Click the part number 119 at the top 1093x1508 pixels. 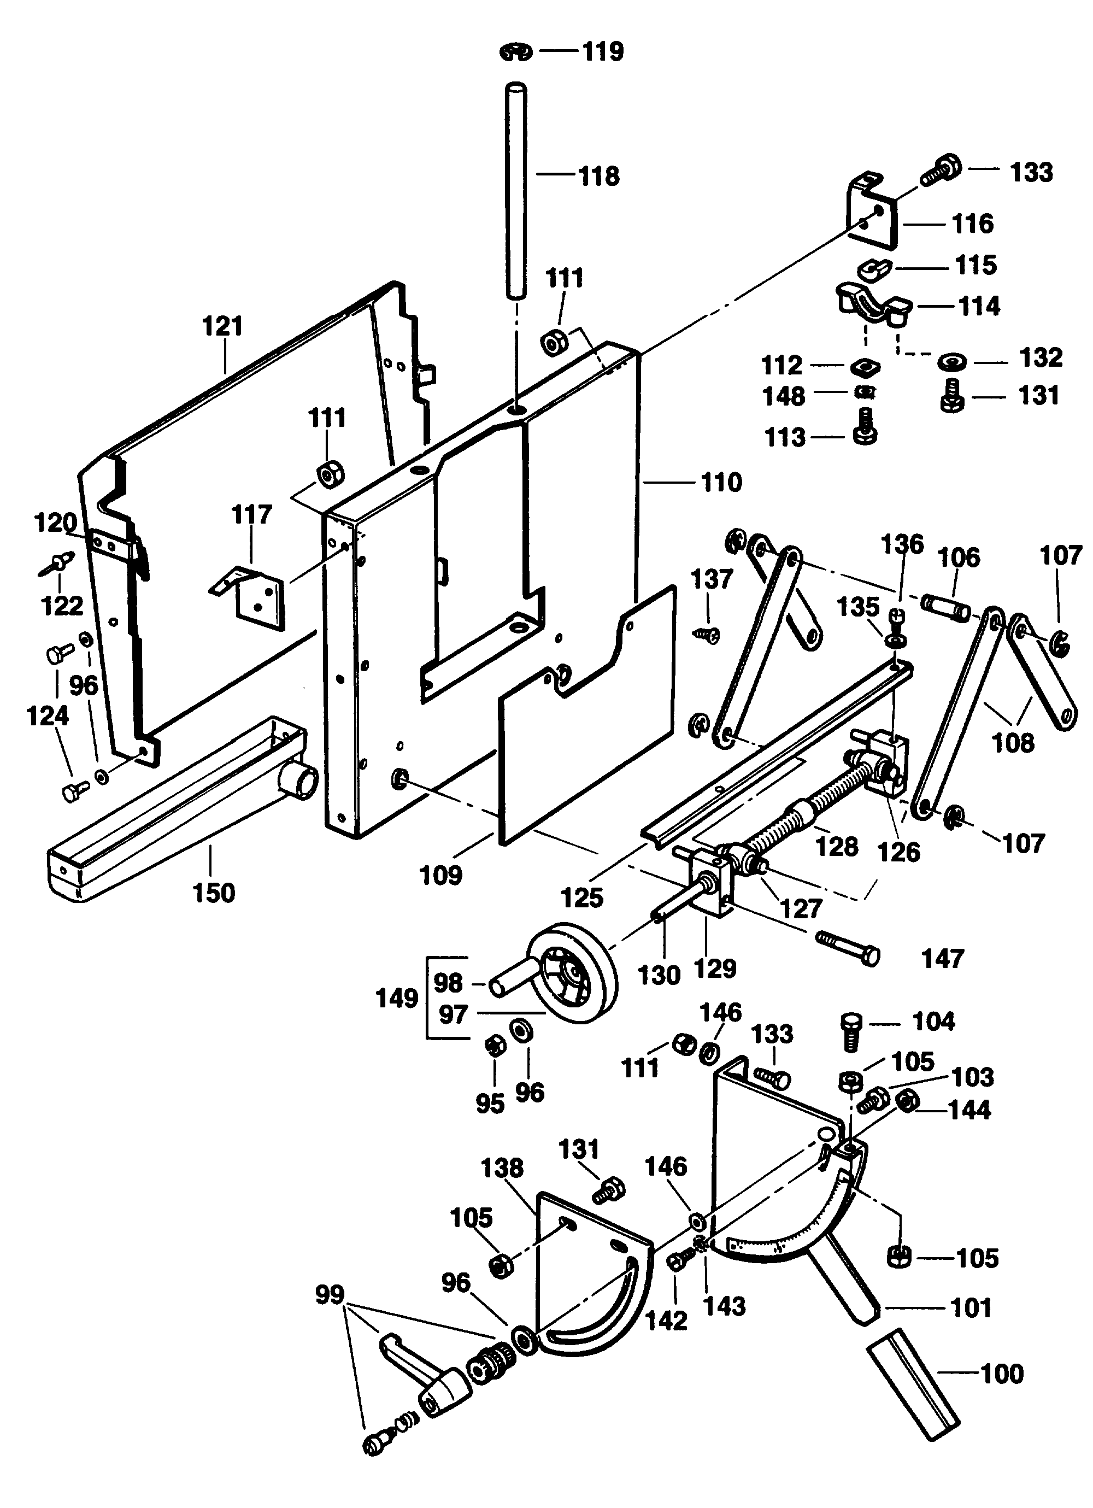pyautogui.click(x=603, y=52)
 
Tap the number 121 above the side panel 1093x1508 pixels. pyautogui.click(x=223, y=326)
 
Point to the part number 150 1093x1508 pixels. pyautogui.click(x=214, y=893)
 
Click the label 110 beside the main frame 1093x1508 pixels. pyautogui.click(x=722, y=482)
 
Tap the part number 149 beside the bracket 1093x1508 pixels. pyautogui.click(x=397, y=998)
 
